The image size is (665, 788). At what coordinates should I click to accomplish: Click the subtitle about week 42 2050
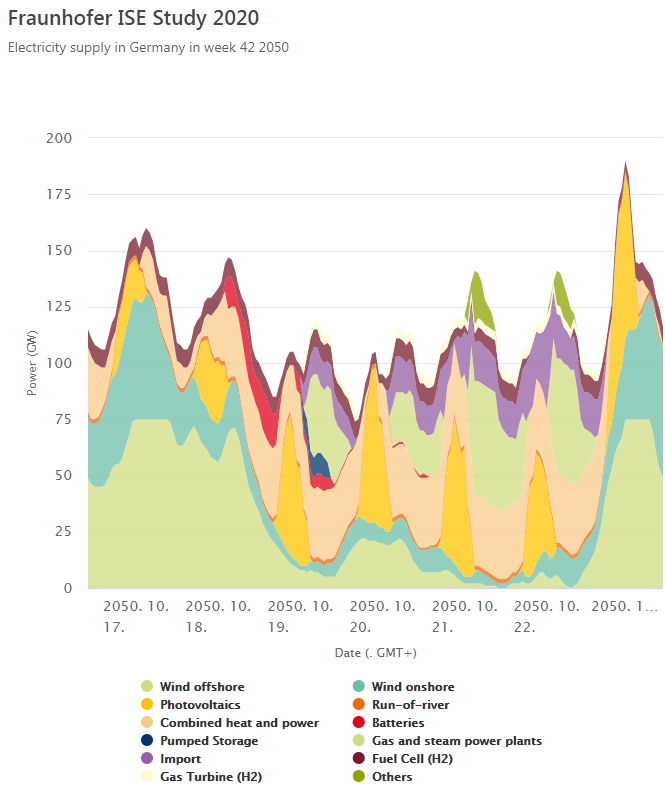pos(148,47)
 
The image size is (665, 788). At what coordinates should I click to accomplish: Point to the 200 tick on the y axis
pos(60,138)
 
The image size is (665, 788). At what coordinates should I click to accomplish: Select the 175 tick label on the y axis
pos(60,193)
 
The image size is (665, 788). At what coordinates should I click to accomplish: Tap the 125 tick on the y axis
pos(60,306)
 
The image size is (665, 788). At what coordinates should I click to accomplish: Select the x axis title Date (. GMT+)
pos(375,652)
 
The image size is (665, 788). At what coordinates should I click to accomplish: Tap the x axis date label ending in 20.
pos(376,617)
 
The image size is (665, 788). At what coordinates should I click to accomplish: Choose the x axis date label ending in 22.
pos(540,617)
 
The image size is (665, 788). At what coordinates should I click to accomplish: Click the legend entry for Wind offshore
pos(202,687)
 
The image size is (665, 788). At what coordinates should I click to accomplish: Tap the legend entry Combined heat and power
pos(239,723)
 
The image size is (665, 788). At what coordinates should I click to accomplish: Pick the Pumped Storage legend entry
pos(209,741)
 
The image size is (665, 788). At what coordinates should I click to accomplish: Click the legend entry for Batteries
pos(398,723)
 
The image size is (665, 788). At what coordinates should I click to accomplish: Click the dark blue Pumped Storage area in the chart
pos(319,464)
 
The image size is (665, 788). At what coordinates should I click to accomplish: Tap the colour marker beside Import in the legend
pos(147,759)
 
